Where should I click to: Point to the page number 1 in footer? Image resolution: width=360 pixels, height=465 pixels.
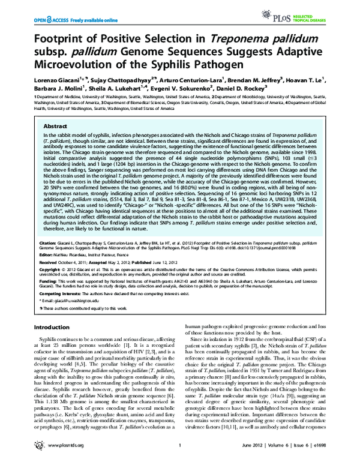tap(180, 453)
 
